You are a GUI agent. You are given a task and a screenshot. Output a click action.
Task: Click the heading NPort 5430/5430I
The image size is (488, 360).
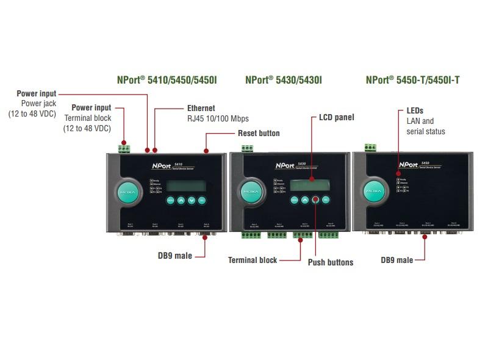(x=283, y=80)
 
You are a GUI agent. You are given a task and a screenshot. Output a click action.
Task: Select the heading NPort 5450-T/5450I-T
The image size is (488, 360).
(x=412, y=80)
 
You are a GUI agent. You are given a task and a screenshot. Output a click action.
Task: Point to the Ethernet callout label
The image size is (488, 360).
(x=201, y=108)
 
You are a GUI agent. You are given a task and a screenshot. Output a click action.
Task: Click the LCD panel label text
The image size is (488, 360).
(x=336, y=117)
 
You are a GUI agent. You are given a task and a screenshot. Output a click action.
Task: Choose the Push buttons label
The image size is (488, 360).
(x=331, y=262)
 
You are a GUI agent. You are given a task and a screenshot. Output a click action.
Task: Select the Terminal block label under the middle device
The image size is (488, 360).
(x=253, y=260)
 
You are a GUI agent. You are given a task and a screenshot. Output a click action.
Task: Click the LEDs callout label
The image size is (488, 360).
(x=415, y=111)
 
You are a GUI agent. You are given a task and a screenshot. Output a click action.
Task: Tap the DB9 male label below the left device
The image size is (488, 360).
(x=174, y=256)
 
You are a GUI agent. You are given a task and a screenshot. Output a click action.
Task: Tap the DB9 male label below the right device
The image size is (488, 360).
(x=396, y=260)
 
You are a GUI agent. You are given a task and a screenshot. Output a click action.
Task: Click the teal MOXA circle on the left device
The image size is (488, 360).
(x=129, y=193)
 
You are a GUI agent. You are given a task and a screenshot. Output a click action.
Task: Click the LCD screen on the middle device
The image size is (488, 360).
(x=310, y=184)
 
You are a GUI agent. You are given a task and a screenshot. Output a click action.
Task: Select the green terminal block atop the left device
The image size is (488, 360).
(x=126, y=148)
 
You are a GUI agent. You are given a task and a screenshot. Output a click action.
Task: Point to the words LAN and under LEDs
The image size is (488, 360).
(x=420, y=121)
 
